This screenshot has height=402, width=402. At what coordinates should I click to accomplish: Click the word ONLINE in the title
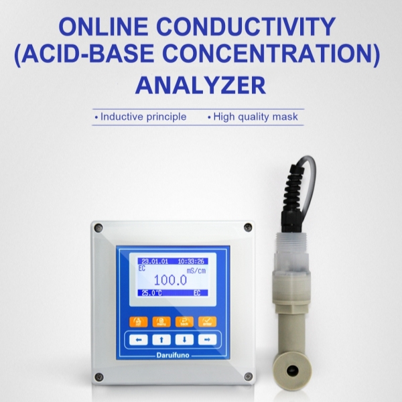(111, 27)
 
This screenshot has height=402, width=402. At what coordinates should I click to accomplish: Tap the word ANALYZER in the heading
(200, 85)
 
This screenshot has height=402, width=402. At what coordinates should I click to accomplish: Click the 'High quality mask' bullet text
(255, 117)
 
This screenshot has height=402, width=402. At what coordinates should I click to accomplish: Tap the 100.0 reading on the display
(172, 281)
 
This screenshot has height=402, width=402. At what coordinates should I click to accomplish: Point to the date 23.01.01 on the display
(153, 261)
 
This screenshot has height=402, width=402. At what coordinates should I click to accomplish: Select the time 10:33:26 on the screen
(192, 261)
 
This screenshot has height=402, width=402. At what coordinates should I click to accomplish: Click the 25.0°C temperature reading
(151, 293)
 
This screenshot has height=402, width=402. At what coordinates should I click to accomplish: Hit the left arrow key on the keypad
(139, 339)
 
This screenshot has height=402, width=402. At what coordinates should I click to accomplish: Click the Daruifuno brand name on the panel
(172, 354)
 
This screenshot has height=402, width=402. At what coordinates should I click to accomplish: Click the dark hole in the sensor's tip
(292, 370)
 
